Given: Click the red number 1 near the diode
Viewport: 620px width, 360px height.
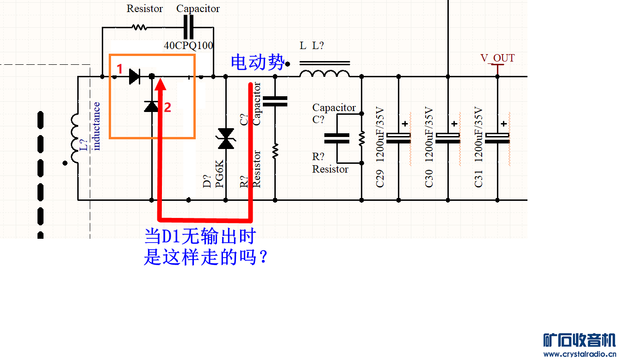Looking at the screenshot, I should point(119,69).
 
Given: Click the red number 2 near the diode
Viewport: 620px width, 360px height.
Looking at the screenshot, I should point(167,107).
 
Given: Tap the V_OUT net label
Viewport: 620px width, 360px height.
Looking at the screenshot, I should point(497,58).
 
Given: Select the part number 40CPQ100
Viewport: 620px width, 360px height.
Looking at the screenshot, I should point(188,45).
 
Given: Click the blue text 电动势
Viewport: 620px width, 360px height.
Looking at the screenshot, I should point(257,62).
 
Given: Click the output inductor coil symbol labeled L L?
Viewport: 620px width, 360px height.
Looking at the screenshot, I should point(324,73).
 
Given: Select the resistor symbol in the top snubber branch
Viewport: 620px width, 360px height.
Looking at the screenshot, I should point(139,27).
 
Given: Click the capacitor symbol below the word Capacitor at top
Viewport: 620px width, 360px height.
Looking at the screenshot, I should point(188,27).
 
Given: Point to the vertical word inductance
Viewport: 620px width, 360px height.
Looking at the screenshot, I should point(97,126).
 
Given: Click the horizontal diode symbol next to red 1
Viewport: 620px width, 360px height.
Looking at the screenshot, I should point(135,76).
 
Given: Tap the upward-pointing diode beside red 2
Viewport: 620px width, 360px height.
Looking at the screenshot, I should point(151,106).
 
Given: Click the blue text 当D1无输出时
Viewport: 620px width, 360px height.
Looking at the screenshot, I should point(200,237).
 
